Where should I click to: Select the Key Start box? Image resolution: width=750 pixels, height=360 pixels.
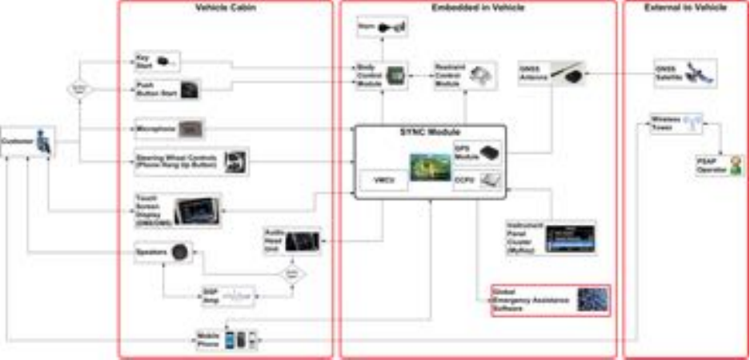(x=157, y=61)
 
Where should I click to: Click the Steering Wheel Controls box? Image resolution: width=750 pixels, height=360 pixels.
(x=191, y=162)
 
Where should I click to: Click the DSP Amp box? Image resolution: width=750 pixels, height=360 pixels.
(x=227, y=297)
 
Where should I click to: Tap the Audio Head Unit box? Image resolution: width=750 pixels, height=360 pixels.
(x=292, y=241)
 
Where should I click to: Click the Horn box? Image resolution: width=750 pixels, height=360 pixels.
(x=383, y=29)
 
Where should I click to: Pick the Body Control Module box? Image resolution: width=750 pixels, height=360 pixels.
(x=382, y=76)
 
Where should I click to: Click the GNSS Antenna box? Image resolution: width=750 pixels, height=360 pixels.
(x=551, y=74)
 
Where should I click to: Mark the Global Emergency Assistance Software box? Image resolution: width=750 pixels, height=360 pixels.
(x=550, y=300)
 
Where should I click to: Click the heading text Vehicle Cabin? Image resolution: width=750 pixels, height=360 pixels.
(x=223, y=8)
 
